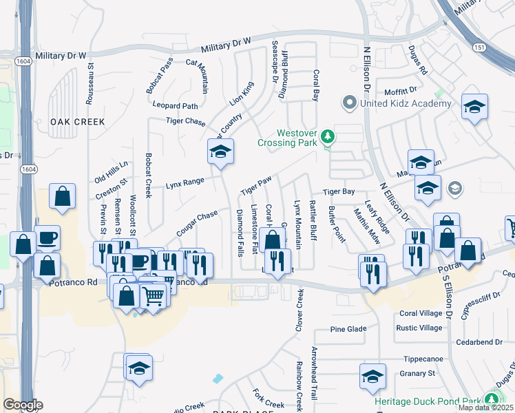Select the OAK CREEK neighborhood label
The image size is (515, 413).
click(77, 122)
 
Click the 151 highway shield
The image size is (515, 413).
click(479, 46)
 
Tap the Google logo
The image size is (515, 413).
click(23, 404)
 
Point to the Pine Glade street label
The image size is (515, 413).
click(348, 329)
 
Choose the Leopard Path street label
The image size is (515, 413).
click(175, 106)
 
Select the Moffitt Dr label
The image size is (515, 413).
click(401, 90)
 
